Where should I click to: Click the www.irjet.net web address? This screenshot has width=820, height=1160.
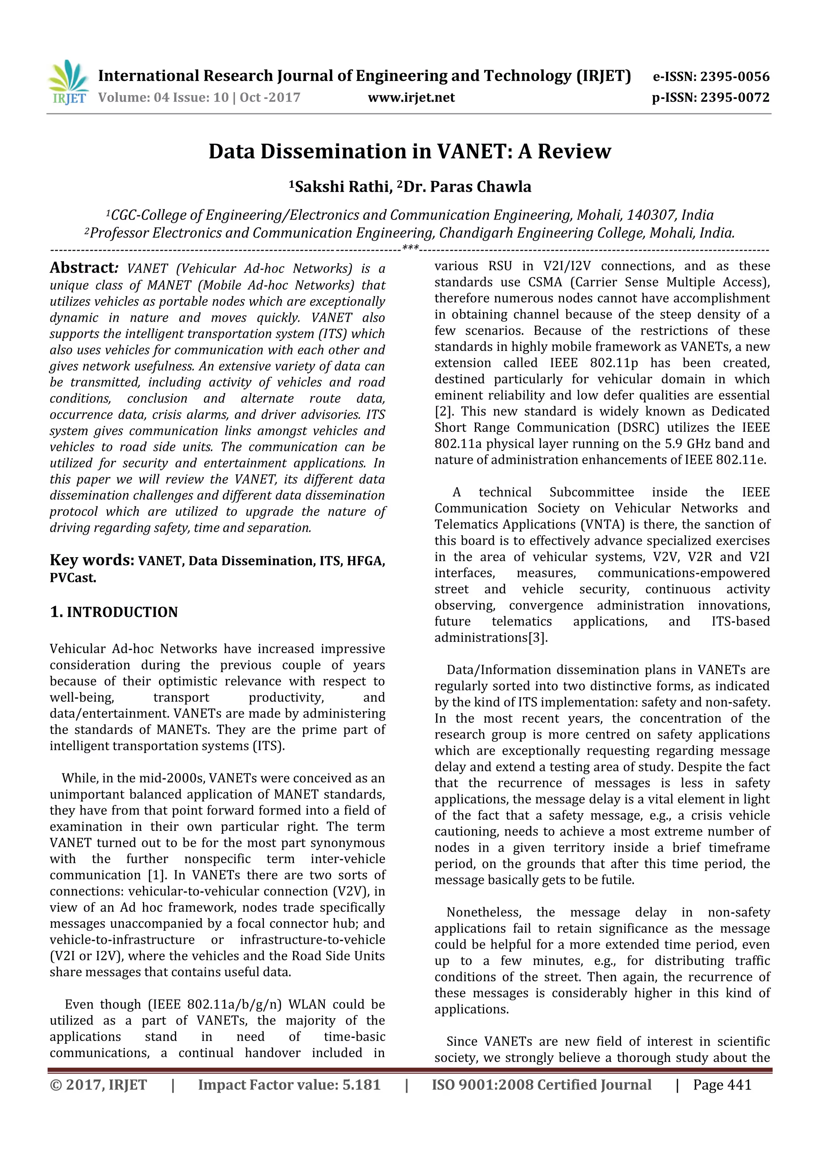click(411, 97)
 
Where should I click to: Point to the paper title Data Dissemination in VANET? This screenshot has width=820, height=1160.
click(410, 151)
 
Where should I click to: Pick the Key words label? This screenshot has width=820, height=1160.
click(91, 560)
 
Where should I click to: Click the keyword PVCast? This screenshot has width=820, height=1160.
click(73, 578)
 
